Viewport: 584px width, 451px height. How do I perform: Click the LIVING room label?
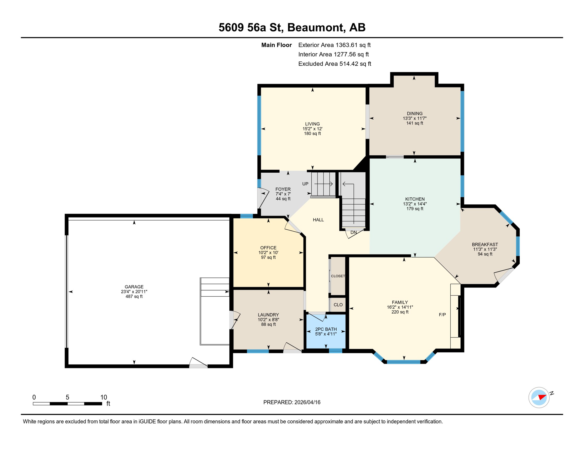coord(312,124)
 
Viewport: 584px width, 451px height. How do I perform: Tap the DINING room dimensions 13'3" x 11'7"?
coord(414,118)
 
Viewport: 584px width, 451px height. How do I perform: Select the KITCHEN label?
coord(415,199)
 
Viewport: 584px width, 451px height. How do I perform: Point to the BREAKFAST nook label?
coord(485,244)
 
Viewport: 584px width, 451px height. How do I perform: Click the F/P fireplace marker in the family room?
coord(442,314)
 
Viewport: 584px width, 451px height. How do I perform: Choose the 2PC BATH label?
coord(326,329)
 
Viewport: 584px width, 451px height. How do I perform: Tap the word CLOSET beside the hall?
coord(338,276)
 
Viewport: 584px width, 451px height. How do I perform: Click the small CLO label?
coord(338,305)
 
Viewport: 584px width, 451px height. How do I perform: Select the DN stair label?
coord(353,232)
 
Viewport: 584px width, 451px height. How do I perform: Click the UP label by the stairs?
coord(305,184)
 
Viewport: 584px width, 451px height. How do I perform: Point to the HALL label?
coord(318,220)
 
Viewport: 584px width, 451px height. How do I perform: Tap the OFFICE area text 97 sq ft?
coord(268,258)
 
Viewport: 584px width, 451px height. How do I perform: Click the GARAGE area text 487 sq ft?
coord(134,297)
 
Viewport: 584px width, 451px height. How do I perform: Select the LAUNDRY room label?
coord(268,315)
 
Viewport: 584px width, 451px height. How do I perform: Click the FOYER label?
coord(283,189)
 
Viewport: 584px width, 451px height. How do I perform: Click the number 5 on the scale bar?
coord(67,397)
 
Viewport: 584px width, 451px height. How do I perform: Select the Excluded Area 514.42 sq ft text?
coord(335,64)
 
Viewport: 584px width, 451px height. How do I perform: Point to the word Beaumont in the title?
coord(316,27)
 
